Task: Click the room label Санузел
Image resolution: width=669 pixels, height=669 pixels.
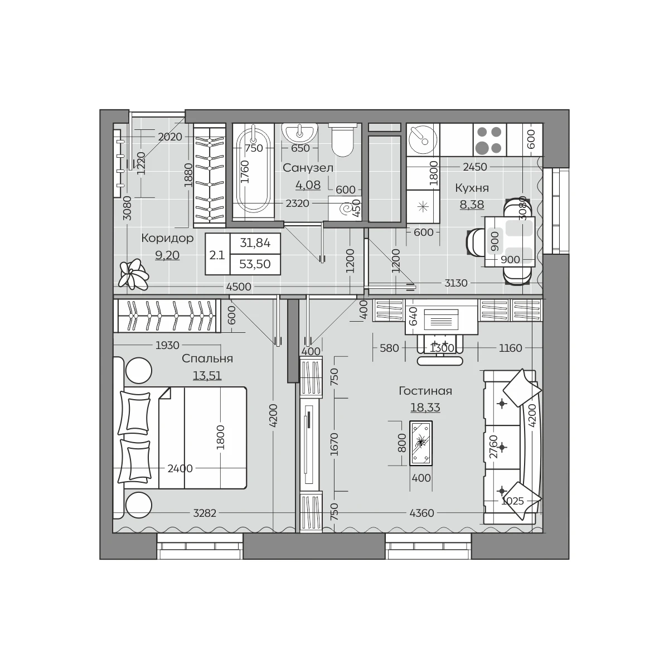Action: [308, 168]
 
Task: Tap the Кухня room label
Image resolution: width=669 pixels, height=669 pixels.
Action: [472, 188]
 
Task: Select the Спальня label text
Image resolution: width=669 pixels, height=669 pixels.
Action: [207, 358]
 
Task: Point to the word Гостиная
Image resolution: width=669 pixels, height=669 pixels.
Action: [425, 391]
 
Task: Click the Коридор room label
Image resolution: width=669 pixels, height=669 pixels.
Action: [167, 239]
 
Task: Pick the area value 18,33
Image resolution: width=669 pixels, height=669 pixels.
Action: [425, 407]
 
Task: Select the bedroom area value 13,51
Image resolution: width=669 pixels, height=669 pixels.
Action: [207, 376]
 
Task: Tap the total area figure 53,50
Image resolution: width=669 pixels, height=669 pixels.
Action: [255, 264]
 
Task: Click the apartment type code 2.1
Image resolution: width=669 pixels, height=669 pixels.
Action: [217, 255]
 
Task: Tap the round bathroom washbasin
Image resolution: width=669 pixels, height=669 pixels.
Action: [299, 133]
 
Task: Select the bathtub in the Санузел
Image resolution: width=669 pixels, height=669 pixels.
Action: [253, 172]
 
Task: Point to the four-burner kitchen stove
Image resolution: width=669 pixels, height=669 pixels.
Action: [489, 140]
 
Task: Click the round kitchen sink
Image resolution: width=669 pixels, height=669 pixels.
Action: [423, 139]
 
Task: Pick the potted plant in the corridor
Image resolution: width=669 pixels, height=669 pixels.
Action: [133, 274]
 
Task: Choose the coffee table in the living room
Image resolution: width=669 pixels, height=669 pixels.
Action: [421, 443]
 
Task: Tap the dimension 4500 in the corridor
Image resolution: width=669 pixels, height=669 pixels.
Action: [239, 287]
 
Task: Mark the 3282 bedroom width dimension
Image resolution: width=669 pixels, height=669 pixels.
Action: [205, 513]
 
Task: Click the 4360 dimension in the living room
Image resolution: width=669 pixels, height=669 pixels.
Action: [422, 513]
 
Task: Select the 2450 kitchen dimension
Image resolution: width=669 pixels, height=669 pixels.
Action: [475, 167]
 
